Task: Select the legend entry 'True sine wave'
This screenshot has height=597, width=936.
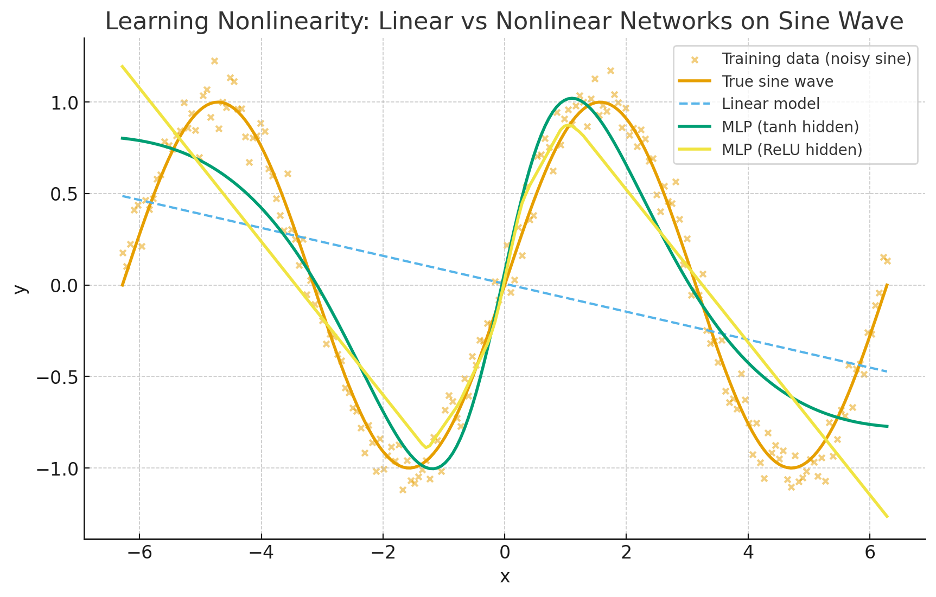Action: [x=777, y=81]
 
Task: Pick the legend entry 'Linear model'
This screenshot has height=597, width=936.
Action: [x=771, y=104]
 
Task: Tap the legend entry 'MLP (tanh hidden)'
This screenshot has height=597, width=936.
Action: [x=790, y=126]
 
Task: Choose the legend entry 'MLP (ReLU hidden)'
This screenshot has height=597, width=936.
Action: [x=792, y=149]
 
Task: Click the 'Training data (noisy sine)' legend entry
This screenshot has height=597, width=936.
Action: [x=816, y=59]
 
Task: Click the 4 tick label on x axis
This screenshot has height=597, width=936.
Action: [x=748, y=553]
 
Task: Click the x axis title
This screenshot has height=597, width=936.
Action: [x=505, y=576]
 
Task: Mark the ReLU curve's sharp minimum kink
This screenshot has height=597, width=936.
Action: [x=426, y=447]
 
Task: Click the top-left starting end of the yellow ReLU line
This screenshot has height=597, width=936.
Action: [x=122, y=66]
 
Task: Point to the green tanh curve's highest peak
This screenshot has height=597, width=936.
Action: [x=572, y=98]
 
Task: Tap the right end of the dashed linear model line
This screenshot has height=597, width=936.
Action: [x=887, y=371]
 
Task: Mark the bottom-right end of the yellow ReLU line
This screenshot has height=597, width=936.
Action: [x=887, y=517]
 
